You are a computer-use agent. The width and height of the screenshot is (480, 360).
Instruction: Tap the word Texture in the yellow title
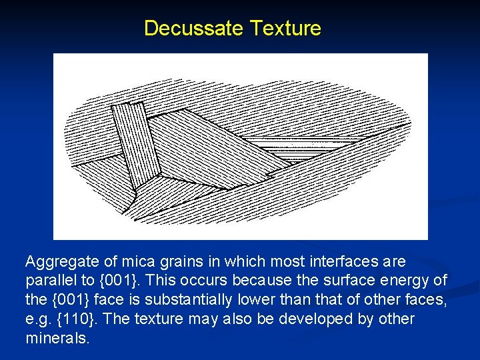click(285, 29)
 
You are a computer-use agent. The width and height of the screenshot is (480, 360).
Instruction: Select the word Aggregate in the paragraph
click(58, 261)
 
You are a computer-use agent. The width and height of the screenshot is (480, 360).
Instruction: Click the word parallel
click(47, 280)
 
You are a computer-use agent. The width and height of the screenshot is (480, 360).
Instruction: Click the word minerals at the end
click(57, 338)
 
